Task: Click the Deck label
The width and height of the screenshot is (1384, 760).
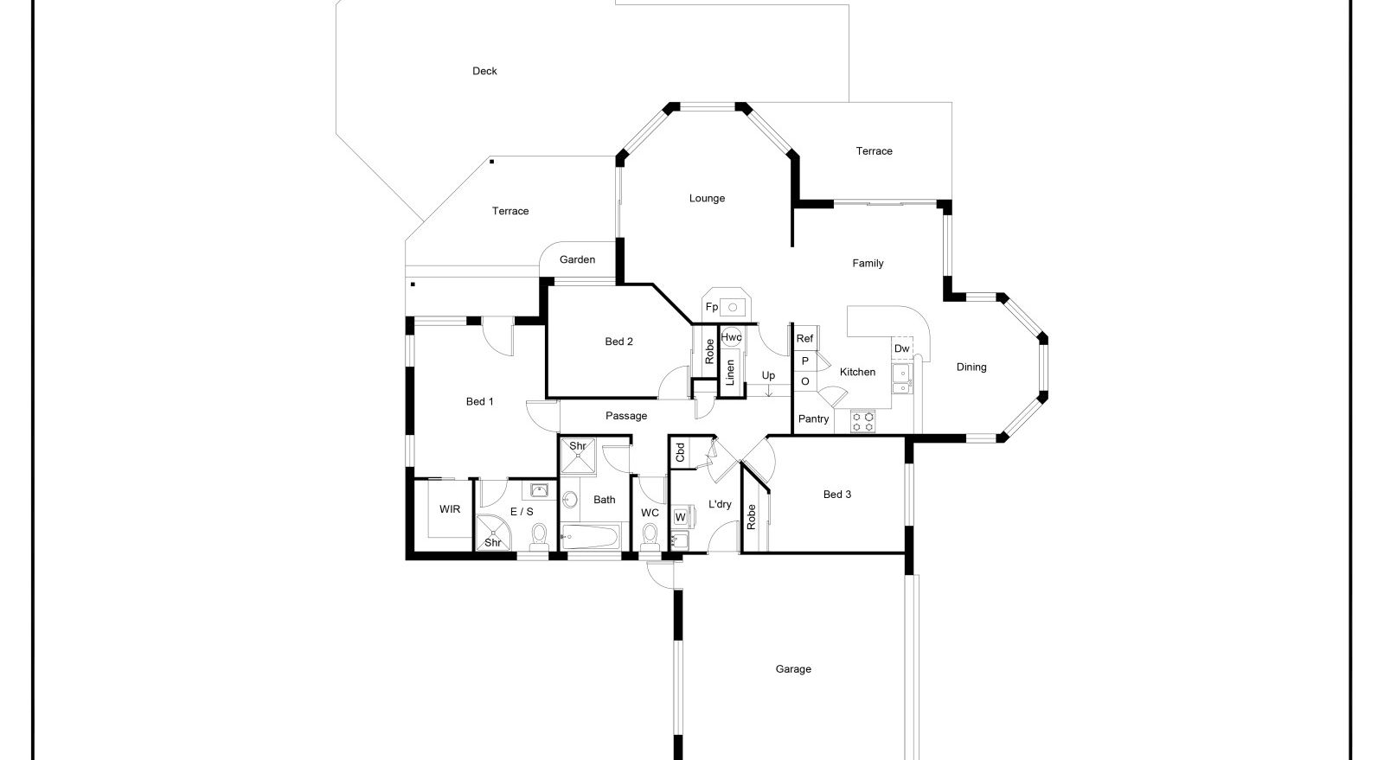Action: coord(484,71)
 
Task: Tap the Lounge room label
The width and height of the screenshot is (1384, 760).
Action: coord(707,198)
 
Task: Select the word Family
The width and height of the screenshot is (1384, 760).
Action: coord(868,264)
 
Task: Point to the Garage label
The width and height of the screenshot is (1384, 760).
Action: coord(793,669)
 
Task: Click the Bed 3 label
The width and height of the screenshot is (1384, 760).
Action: coord(837,495)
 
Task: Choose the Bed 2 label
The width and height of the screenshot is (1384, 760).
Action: coord(618,342)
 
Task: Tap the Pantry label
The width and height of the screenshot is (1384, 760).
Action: coord(813,419)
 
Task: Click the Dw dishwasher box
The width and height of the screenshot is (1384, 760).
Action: coord(902,348)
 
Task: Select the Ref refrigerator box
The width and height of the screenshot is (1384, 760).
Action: coord(805,338)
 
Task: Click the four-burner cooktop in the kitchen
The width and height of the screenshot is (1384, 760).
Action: coord(862,422)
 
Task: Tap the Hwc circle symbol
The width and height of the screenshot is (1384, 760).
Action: coord(732,337)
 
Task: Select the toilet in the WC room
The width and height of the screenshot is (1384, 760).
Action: coord(650,536)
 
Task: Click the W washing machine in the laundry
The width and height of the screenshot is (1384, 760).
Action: coord(680,517)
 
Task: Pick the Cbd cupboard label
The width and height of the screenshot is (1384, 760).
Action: coord(680,452)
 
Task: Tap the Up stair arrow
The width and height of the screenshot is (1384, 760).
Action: coord(769,390)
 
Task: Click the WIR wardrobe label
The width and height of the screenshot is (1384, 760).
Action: coord(450,509)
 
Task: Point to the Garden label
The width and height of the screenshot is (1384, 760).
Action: coord(577,260)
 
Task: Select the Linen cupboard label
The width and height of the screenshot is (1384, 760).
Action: coord(730,373)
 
